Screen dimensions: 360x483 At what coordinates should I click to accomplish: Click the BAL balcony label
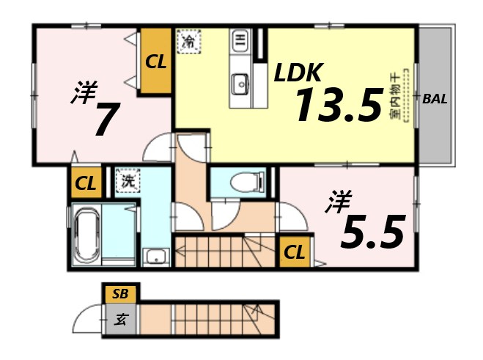click(x=435, y=98)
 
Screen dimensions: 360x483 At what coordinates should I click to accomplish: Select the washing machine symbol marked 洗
click(x=126, y=180)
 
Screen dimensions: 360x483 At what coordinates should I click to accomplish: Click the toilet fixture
click(x=240, y=181)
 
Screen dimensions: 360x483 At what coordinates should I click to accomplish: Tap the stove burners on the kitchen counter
click(x=240, y=41)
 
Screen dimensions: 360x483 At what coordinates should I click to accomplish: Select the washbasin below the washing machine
click(x=155, y=257)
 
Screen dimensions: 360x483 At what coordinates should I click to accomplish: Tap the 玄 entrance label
click(x=120, y=319)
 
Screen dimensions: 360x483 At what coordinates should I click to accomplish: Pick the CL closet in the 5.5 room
click(x=295, y=253)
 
